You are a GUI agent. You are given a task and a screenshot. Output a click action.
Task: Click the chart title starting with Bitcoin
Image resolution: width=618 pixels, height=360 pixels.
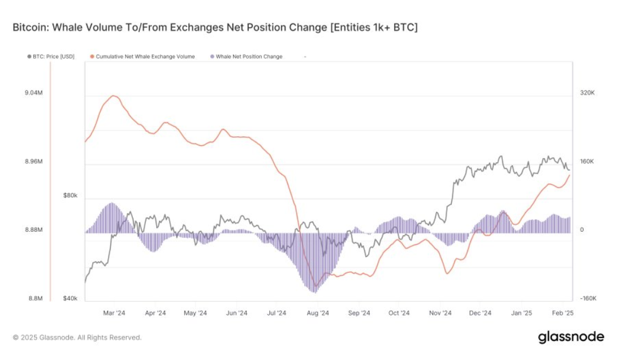click(215, 28)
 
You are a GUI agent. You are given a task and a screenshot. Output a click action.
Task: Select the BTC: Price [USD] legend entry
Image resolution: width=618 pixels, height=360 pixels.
click(51, 57)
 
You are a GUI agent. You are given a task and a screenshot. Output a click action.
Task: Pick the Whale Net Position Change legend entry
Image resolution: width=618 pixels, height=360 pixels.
click(246, 57)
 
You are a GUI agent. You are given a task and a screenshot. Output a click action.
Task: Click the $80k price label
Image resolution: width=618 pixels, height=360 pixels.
click(70, 196)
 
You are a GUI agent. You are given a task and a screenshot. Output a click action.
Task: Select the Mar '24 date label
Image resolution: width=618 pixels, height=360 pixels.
click(115, 313)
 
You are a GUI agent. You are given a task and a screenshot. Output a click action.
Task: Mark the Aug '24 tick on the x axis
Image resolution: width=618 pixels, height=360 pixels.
click(318, 313)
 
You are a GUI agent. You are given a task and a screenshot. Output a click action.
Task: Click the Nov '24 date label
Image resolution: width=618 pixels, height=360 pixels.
click(440, 313)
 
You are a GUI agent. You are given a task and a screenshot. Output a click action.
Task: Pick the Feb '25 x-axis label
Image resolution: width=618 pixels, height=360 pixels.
click(563, 313)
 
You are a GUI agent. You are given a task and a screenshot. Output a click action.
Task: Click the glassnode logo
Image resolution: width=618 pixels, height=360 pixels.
click(571, 337)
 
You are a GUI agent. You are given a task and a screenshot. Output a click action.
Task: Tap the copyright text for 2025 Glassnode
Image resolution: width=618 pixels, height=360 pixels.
click(77, 337)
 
